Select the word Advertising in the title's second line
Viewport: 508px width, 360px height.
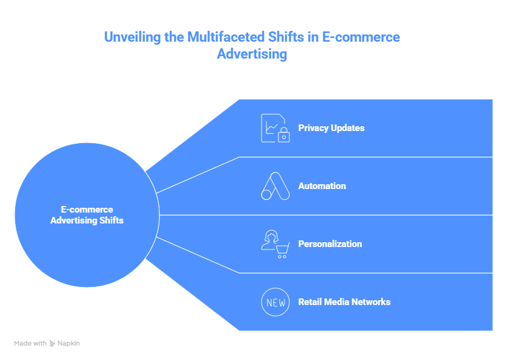click(252, 54)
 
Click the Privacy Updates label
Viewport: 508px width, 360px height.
click(331, 128)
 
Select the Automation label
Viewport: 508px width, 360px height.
click(322, 186)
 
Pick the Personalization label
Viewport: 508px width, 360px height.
click(330, 244)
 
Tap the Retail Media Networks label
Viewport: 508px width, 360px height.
click(344, 302)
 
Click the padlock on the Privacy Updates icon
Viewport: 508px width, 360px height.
click(283, 136)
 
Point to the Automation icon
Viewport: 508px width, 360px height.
click(275, 186)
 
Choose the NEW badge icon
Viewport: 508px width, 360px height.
click(275, 302)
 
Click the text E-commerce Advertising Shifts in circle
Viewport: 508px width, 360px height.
click(87, 215)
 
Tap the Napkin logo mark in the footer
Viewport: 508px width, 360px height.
click(53, 343)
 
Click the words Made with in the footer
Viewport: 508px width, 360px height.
click(30, 343)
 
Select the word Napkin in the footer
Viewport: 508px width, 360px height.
click(69, 343)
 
